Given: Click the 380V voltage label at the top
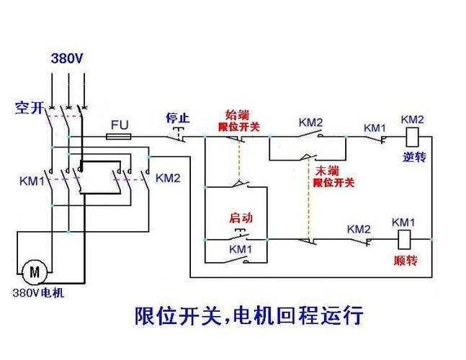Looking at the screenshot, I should (67, 58).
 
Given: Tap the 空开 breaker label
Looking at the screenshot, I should (30, 108).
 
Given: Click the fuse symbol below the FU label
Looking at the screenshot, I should (119, 135).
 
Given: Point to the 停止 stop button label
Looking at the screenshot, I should (177, 117).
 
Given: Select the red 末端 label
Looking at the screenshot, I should (328, 171).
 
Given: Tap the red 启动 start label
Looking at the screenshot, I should (241, 217).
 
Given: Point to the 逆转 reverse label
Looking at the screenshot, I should (415, 157).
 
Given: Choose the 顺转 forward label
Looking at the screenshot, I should (405, 261).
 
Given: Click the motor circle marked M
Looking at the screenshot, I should (34, 272).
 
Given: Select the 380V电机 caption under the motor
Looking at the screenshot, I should (37, 293).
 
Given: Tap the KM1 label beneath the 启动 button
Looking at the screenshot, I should (241, 249).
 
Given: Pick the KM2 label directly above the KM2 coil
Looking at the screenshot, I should (413, 119).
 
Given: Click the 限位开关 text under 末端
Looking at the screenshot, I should (333, 183).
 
